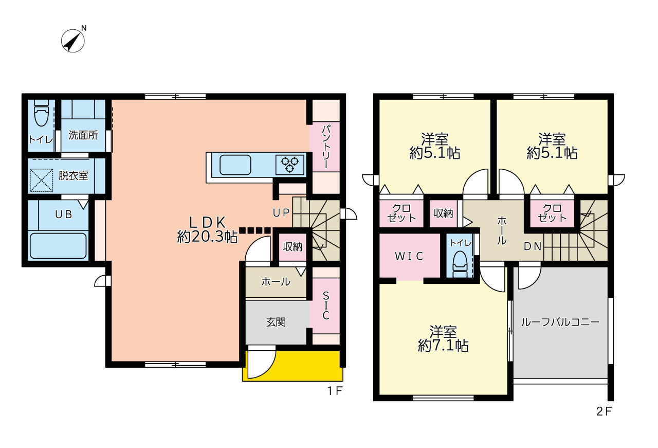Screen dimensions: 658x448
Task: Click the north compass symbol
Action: pos(72,41)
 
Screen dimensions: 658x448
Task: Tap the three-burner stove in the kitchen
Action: pos(289,165)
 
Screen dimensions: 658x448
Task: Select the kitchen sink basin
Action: pos(235,165)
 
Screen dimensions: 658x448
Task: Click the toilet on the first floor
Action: pos(42,113)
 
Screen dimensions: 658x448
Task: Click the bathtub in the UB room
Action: pos(58,246)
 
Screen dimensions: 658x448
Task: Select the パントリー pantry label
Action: pos(326,147)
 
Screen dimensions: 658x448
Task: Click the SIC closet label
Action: pos(326,306)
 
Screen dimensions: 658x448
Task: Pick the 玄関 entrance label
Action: pos(276,322)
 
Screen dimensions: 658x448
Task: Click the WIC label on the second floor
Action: pos(409,256)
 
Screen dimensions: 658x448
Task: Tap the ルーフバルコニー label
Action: pos(560,322)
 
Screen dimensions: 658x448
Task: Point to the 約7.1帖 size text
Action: pos(443,346)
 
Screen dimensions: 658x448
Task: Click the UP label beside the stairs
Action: pos(281,213)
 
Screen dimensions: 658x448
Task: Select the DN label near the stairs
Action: pos(533,246)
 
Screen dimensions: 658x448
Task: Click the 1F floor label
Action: pos(335,391)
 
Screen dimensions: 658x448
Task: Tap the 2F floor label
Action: pos(604,411)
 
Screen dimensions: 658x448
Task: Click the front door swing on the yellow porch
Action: pos(262,362)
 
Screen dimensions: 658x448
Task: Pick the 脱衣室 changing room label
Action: pos(74,175)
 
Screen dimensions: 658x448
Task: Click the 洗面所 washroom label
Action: pos(83,135)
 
